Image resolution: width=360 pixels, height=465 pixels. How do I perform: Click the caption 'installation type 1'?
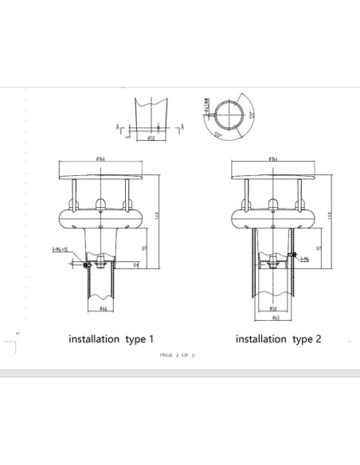pyautogui.click(x=112, y=338)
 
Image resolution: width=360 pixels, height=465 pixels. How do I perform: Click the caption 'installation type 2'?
pyautogui.click(x=278, y=338)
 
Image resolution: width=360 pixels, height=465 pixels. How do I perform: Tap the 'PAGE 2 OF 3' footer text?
pyautogui.click(x=177, y=355)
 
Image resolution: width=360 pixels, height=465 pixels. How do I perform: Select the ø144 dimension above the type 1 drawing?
pyautogui.click(x=102, y=159)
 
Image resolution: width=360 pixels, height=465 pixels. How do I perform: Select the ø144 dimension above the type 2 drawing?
pyautogui.click(x=273, y=159)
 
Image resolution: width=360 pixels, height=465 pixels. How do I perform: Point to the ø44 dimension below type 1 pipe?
pyautogui.click(x=103, y=308)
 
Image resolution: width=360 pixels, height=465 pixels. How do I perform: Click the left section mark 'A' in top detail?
pyautogui.click(x=119, y=127)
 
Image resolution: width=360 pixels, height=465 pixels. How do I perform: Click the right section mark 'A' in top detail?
pyautogui.click(x=182, y=127)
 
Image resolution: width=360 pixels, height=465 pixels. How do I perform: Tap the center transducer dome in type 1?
pyautogui.click(x=102, y=202)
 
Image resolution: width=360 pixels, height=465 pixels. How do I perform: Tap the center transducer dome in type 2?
pyautogui.click(x=273, y=202)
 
